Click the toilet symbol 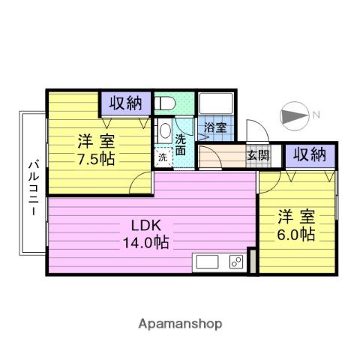pyautogui.click(x=166, y=103)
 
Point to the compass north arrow pyautogui.click(x=293, y=115)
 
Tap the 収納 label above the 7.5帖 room pyautogui.click(x=125, y=103)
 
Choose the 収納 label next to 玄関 pyautogui.click(x=309, y=155)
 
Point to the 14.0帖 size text pyautogui.click(x=147, y=242)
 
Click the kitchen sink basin pyautogui.click(x=207, y=263)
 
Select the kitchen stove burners pyautogui.click(x=235, y=263)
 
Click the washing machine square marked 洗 pyautogui.click(x=163, y=157)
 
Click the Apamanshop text pyautogui.click(x=180, y=323)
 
